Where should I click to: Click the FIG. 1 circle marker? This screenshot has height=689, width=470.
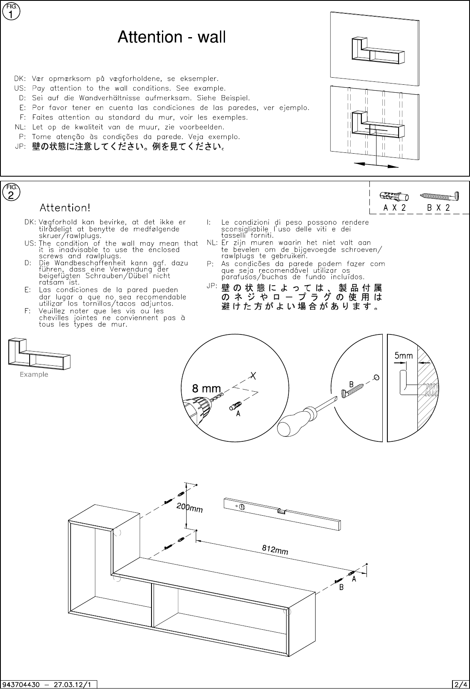point(11,12)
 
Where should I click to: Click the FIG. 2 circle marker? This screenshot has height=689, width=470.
point(11,193)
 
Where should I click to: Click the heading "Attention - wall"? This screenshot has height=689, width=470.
point(172,37)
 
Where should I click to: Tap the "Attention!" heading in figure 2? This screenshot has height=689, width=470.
point(65,208)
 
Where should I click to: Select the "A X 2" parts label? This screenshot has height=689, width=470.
point(394,208)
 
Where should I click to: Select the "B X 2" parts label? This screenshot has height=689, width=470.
point(438,208)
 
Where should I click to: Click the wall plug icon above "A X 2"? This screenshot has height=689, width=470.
point(394,196)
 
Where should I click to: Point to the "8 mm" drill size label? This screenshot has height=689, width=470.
point(206,388)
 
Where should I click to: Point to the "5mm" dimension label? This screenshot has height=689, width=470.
point(404,356)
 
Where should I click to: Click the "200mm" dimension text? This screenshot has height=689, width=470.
point(190,507)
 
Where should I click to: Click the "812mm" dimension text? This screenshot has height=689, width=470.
point(275,550)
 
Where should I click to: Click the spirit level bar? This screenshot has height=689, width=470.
point(282,514)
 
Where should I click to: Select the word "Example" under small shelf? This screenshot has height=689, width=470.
point(34,374)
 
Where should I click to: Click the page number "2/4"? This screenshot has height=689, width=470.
point(460,685)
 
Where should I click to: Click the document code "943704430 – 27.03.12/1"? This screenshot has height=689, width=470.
point(47,685)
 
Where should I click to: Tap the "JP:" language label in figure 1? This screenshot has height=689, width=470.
point(20,147)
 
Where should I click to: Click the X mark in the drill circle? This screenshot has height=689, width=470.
point(253,375)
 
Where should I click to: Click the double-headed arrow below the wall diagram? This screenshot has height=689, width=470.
point(376,165)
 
